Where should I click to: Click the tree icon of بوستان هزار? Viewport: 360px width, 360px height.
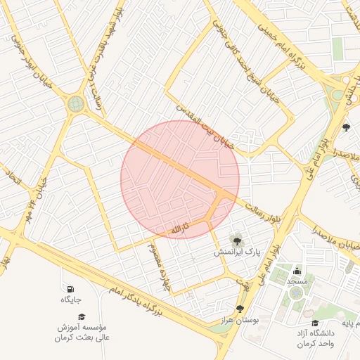point(240,309)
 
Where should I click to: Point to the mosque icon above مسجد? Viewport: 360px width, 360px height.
point(297,270)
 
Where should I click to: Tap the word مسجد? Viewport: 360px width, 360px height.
point(297,281)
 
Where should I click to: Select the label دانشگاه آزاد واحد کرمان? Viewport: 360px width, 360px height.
point(314,338)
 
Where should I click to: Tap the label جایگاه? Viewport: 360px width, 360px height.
point(70,300)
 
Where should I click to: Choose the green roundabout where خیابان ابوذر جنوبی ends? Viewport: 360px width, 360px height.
point(75,104)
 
